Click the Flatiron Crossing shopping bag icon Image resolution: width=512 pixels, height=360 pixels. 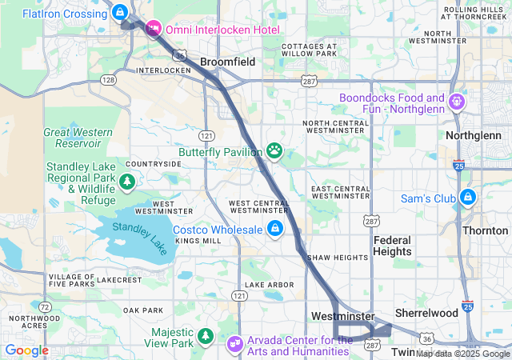pos(119,13)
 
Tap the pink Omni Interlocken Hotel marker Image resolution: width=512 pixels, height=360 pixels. pos(154,29)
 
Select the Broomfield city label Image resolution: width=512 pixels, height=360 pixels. pos(227,62)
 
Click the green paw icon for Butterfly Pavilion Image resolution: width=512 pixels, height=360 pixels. pos(274,150)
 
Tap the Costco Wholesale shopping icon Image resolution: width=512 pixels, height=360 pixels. pos(274,230)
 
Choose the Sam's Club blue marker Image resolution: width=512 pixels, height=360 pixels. pos(467,198)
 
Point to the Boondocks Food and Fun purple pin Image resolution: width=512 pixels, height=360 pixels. pos(456,102)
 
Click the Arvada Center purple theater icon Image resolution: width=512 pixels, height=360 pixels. pos(234,345)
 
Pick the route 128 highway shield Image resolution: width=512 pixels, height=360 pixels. pos(109,80)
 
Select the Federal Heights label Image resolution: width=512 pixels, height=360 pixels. pos(392,246)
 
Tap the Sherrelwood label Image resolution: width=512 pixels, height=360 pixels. pos(426,314)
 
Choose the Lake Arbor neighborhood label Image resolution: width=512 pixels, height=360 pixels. pos(264,284)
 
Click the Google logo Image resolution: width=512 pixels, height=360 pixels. pos(26,350)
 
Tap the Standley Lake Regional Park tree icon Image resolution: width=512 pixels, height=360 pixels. pos(126,183)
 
